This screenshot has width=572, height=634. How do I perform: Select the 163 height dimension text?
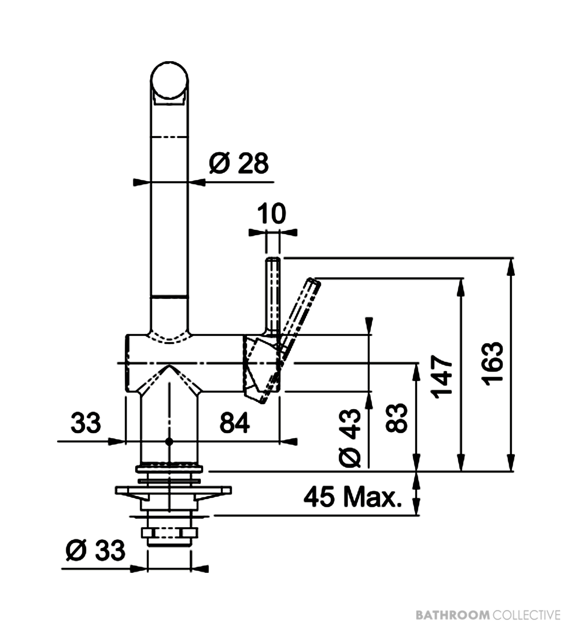tap(493, 365)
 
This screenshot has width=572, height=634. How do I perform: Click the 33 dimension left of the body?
tap(86, 423)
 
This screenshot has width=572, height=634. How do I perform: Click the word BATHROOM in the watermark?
tap(453, 615)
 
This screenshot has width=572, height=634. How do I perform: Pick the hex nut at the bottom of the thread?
tap(170, 532)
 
